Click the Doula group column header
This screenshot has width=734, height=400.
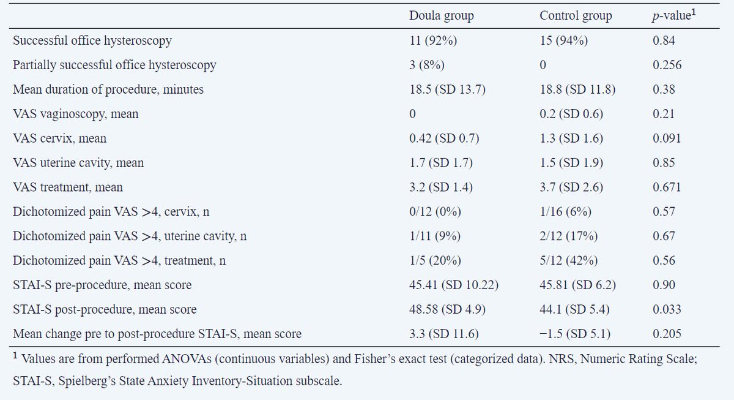pyautogui.click(x=442, y=16)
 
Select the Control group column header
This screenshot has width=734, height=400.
pyautogui.click(x=576, y=16)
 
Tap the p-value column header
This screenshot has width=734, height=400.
pyautogui.click(x=674, y=15)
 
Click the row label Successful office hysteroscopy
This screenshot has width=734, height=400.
pyautogui.click(x=92, y=40)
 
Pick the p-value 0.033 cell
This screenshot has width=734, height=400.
pyautogui.click(x=667, y=309)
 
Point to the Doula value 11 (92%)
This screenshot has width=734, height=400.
pyautogui.click(x=433, y=40)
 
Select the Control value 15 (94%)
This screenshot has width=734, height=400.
pyautogui.click(x=563, y=40)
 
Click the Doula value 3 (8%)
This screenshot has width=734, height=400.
pyautogui.click(x=427, y=65)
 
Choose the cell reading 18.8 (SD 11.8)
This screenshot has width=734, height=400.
pyautogui.click(x=577, y=89)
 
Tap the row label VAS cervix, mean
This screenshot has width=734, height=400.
pyautogui.click(x=60, y=138)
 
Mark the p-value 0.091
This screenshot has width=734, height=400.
pyautogui.click(x=667, y=138)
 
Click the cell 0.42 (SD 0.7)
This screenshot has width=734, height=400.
pyautogui.click(x=444, y=138)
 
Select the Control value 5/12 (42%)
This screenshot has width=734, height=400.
pyautogui.click(x=568, y=260)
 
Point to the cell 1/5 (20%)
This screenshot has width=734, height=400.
pyautogui.click(x=435, y=260)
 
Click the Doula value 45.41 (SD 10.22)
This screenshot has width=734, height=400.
pyautogui.click(x=454, y=284)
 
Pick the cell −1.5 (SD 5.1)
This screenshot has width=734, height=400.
pyautogui.click(x=575, y=333)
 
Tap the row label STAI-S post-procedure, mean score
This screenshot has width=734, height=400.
pyautogui.click(x=105, y=309)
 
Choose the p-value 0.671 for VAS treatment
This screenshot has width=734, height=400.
pyautogui.click(x=667, y=187)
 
